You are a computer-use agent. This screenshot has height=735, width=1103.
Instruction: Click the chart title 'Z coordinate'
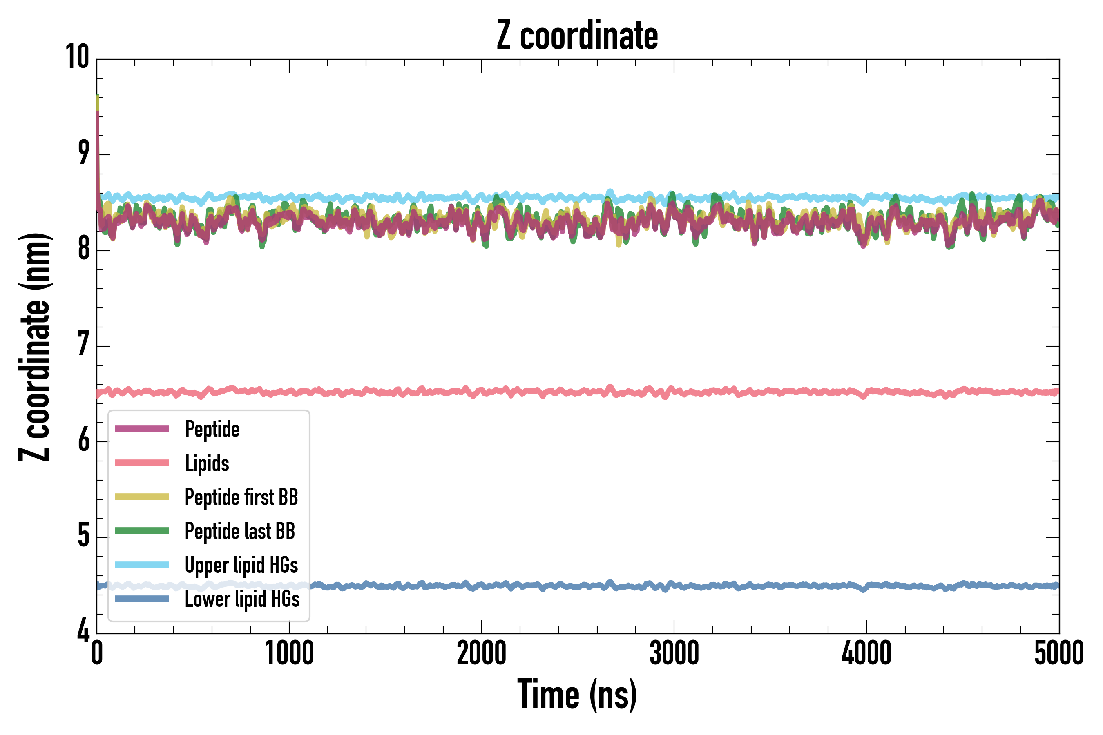(577, 36)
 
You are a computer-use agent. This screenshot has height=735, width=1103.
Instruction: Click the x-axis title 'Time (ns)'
(577, 695)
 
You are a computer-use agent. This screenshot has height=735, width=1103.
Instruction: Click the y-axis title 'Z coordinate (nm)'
(35, 347)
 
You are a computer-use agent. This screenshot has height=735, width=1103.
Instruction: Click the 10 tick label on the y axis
(77, 58)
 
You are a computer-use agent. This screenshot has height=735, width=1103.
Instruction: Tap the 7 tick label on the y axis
(83, 345)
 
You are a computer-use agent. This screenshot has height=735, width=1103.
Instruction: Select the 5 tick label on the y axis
(83, 536)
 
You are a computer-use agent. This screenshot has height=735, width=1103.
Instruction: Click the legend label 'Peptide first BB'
(241, 497)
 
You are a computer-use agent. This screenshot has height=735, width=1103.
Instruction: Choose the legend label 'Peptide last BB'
(240, 531)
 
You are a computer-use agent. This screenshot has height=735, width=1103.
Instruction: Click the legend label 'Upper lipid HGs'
(241, 565)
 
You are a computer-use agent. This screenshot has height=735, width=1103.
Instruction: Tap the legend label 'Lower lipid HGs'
(242, 599)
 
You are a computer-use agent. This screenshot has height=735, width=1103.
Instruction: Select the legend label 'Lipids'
(207, 463)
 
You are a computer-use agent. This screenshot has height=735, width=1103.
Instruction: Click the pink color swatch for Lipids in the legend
(142, 463)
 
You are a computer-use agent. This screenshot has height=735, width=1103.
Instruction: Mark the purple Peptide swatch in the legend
(142, 429)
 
